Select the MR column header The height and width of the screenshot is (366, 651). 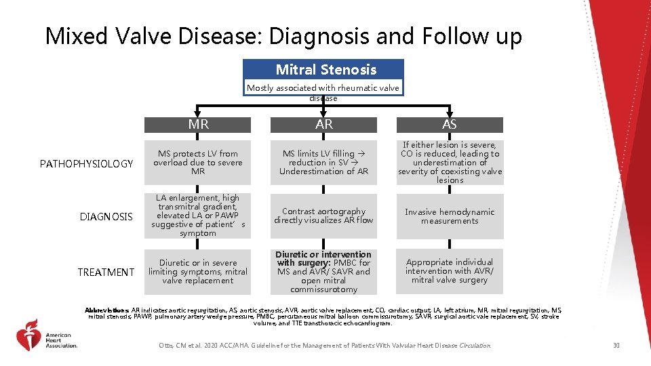coord(198,125)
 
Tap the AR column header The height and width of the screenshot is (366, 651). coord(323,125)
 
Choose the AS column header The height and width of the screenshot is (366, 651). coord(450,125)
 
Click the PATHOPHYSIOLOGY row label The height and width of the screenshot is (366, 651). coord(86,164)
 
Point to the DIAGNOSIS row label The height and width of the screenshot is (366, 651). coord(106,217)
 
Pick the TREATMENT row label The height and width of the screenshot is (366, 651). coord(106,272)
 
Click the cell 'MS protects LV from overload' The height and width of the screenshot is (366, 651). coord(198,163)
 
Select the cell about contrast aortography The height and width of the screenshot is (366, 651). coord(323,216)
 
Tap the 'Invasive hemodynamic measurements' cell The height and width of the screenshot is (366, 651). coord(450,216)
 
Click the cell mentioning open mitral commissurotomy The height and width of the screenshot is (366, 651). coord(323,272)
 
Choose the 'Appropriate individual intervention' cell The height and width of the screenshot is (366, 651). coord(450,271)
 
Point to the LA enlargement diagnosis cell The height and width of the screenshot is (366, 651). coord(198,216)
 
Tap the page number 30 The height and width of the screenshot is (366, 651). coord(616,346)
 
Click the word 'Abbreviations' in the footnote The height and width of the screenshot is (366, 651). coord(107,310)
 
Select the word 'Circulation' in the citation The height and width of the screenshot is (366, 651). coord(474,346)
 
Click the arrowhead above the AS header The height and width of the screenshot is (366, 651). coord(450,113)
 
